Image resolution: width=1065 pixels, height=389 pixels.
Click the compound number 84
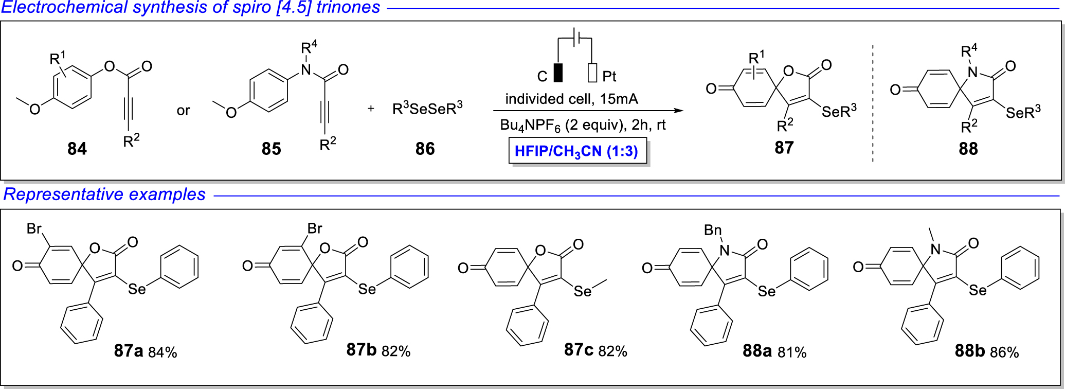(x=77, y=149)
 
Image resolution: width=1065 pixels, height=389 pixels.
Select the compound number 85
(x=271, y=149)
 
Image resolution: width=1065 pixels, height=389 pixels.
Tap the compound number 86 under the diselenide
(x=425, y=149)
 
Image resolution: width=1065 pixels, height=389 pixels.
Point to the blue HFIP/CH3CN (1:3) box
(x=577, y=151)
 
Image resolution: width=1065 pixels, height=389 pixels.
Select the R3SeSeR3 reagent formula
(x=427, y=108)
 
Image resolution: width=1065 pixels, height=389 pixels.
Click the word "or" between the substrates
(x=183, y=111)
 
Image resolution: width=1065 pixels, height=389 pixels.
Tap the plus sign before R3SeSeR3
(x=371, y=109)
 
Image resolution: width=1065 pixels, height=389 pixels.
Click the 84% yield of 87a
(x=163, y=352)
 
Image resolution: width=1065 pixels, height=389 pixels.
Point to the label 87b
(x=362, y=350)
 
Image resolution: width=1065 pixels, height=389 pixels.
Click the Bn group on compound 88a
(x=713, y=230)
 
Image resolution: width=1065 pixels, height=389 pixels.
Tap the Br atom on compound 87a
(x=34, y=228)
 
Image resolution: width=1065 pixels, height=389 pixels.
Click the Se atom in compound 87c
(x=583, y=292)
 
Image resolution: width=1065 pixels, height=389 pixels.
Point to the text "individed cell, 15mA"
(x=571, y=99)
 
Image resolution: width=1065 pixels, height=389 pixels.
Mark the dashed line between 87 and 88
(x=873, y=103)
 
